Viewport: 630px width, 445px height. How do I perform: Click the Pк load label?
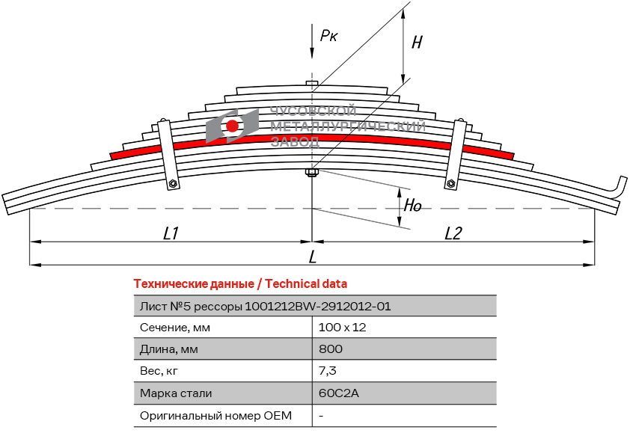(328, 35)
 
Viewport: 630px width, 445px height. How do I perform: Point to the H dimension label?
(417, 43)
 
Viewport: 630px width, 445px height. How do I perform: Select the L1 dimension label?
(171, 233)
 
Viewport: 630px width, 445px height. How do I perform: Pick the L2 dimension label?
(453, 233)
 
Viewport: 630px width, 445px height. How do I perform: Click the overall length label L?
(313, 257)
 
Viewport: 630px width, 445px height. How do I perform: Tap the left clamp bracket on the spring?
(167, 153)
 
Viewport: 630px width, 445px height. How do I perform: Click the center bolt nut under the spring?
(312, 174)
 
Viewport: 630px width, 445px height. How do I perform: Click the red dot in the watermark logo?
(233, 126)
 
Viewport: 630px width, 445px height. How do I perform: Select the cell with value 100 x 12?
(342, 328)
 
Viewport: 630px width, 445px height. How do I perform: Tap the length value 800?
(331, 349)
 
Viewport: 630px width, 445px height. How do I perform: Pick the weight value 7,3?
(328, 371)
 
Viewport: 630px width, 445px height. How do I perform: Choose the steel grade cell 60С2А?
(338, 393)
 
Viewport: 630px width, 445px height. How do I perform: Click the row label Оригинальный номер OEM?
(215, 415)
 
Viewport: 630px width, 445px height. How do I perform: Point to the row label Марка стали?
(176, 393)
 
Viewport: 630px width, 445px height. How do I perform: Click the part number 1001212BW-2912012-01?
(318, 306)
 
